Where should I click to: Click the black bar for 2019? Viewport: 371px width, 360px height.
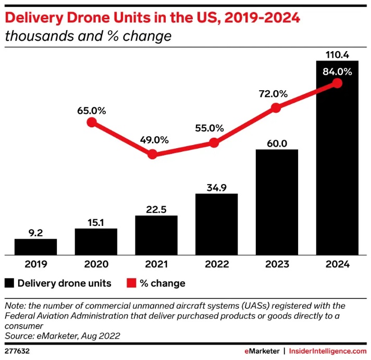35,247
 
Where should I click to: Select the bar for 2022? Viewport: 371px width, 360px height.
216,224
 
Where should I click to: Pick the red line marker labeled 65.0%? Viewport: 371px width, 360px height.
92,122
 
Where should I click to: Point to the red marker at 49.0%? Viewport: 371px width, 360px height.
152,154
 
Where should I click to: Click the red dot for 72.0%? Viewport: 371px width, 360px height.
276,108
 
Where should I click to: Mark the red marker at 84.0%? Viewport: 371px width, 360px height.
337,83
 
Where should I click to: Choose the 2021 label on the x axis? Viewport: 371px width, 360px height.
156,265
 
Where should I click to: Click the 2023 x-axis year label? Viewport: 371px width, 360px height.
277,265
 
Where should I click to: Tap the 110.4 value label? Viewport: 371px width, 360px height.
337,54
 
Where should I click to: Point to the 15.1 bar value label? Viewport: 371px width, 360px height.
96,222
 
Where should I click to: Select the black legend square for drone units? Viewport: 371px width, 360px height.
9,283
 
